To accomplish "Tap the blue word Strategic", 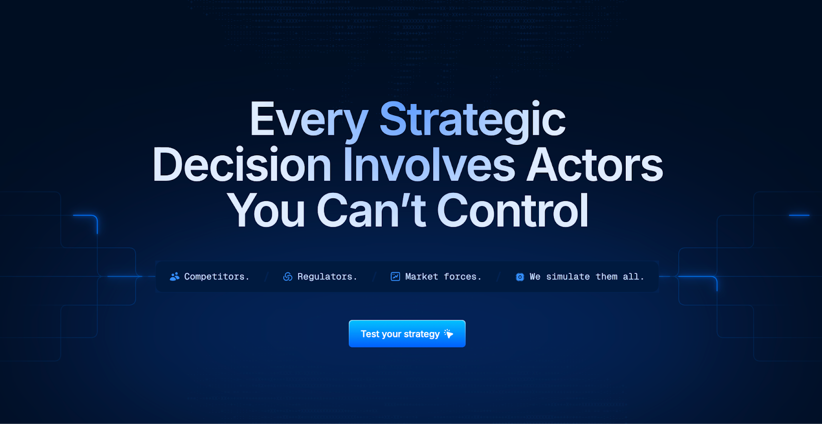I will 472,120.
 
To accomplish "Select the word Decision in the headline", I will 242,165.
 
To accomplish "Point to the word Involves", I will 429,165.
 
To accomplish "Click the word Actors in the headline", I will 595,165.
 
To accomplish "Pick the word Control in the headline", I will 512,211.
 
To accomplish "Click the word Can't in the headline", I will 371,211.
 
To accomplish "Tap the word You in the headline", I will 266,211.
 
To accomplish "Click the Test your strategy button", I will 407,334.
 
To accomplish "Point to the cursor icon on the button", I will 449,334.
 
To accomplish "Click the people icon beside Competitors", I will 175,276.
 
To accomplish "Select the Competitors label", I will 216,276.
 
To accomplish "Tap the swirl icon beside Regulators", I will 288,276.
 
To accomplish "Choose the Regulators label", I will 327,276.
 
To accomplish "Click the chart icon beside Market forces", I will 395,276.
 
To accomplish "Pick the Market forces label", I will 443,276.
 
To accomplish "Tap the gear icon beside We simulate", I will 520,277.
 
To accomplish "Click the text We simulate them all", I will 587,276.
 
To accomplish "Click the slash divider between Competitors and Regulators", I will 266,276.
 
